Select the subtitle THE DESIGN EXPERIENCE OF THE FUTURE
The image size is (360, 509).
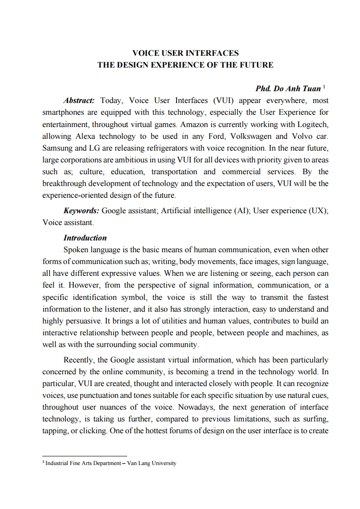click(x=185, y=65)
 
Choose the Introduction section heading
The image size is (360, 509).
click(x=85, y=238)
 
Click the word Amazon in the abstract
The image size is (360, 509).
click(x=197, y=124)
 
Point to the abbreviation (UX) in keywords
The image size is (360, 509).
click(x=318, y=211)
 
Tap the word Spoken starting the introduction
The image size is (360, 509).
click(x=78, y=250)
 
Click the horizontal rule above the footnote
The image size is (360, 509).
click(x=84, y=456)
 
